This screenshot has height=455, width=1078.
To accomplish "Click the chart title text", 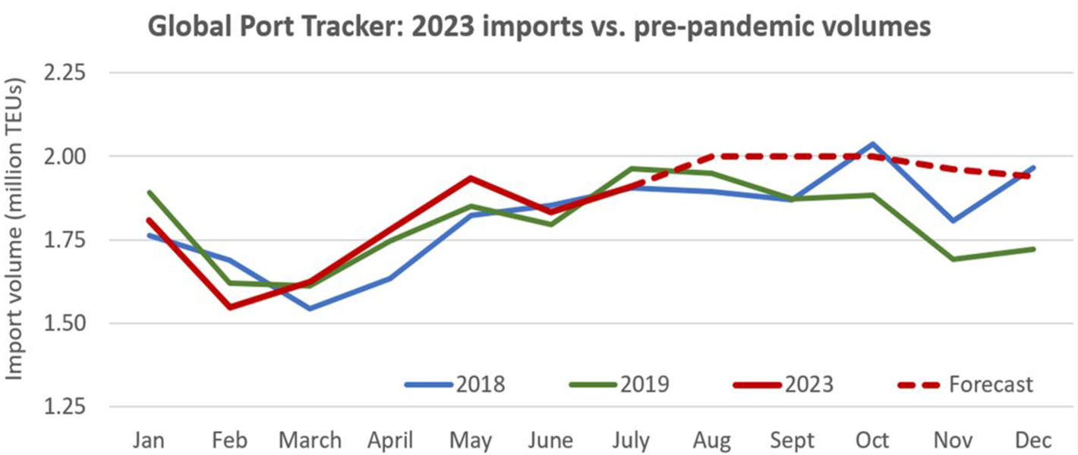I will pos(539,27).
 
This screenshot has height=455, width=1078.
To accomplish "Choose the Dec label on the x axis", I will pos(1032,441).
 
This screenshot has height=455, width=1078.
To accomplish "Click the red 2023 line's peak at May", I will pos(470,178).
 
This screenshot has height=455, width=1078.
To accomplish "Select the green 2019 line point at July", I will pos(631,168).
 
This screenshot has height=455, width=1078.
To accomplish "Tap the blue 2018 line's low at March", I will pos(310,309).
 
